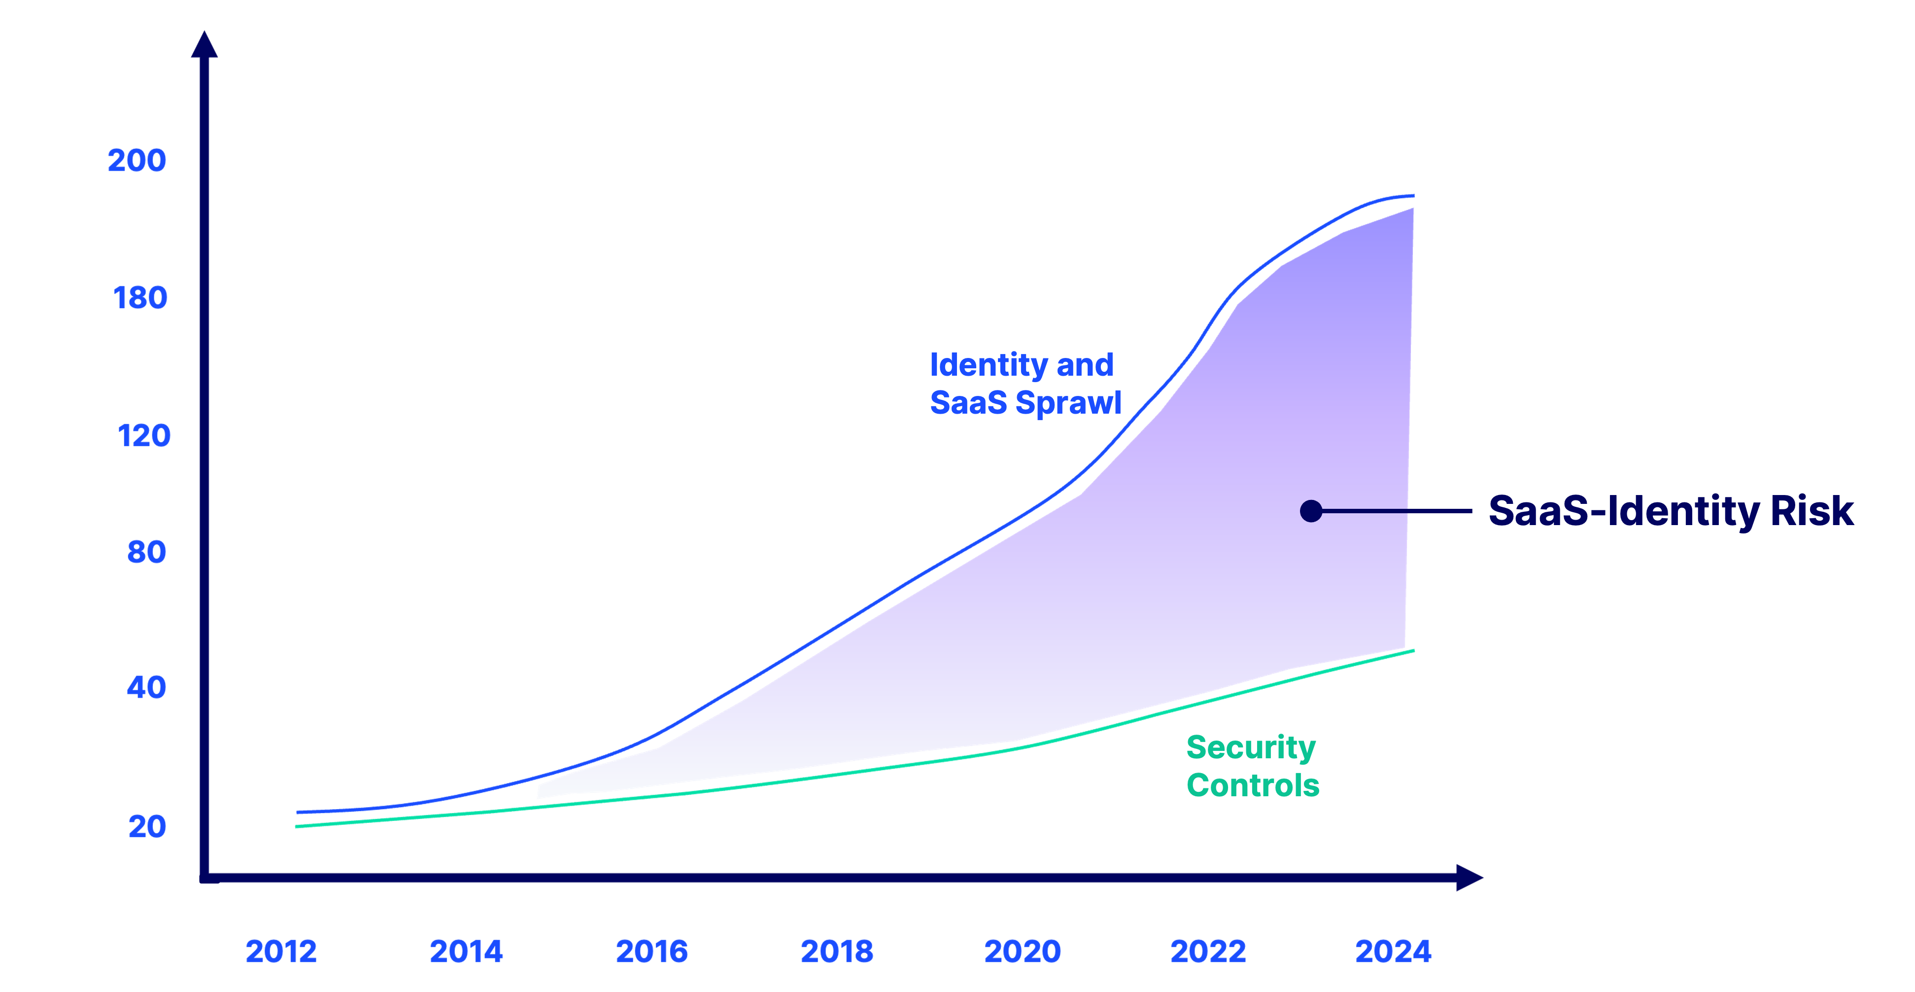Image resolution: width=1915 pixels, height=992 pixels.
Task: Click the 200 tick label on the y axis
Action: tap(137, 161)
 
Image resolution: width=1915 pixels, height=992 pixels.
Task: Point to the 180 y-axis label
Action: tap(140, 298)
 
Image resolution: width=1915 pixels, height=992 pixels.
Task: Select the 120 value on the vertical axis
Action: tap(144, 436)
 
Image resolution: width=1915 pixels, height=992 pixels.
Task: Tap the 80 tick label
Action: tap(146, 553)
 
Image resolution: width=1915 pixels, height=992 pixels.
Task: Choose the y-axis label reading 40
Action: tap(146, 688)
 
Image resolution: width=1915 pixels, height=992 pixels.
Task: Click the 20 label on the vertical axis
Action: tap(147, 827)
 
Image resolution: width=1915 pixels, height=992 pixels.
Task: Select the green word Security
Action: tap(1251, 748)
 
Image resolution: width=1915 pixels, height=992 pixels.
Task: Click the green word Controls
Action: tap(1253, 785)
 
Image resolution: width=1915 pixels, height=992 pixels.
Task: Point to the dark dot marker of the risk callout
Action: tap(1311, 511)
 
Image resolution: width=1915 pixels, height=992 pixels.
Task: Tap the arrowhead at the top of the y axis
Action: tap(205, 44)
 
